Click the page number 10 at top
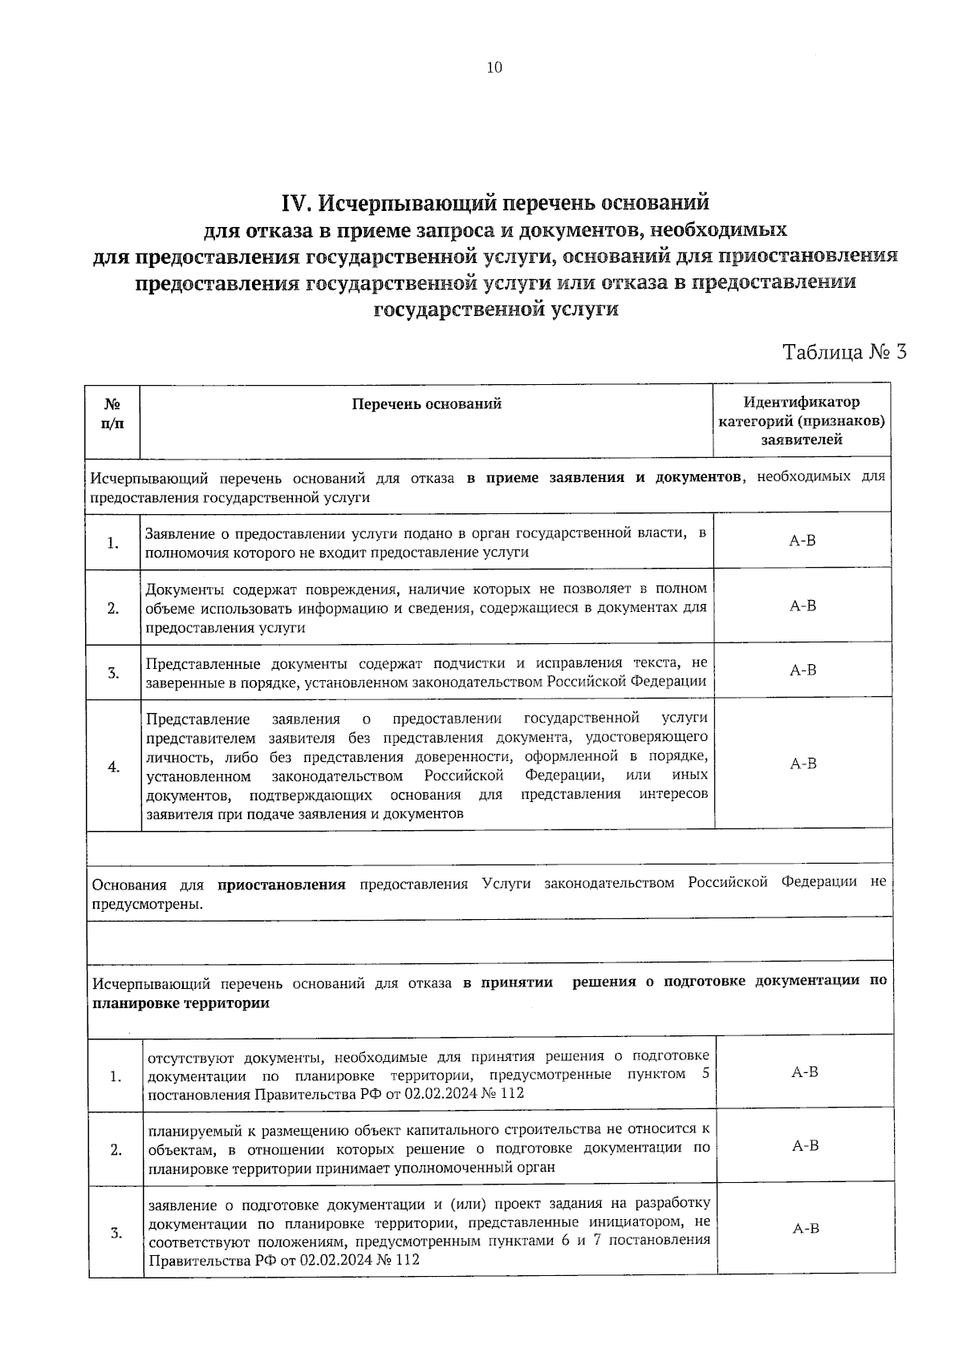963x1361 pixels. coord(494,67)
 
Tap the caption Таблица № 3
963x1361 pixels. coord(844,352)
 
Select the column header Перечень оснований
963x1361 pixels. coord(426,403)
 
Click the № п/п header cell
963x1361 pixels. coord(112,413)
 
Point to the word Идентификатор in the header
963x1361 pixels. coord(801,402)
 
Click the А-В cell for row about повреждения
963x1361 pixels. coord(802,606)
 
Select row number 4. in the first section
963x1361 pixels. coord(114,766)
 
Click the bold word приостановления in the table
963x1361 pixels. coord(281,885)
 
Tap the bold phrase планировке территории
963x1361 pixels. coord(181,1003)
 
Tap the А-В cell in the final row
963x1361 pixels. coord(805,1229)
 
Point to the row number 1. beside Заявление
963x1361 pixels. coord(112,543)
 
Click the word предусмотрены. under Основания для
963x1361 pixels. coord(147,904)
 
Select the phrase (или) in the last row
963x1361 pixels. coord(468,1204)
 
